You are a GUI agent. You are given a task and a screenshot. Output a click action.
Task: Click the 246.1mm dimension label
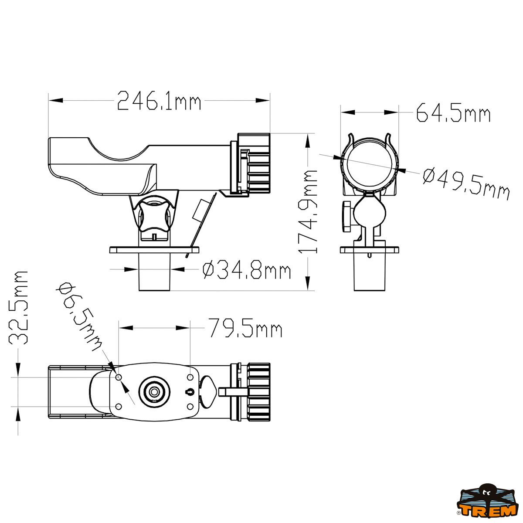coord(159,101)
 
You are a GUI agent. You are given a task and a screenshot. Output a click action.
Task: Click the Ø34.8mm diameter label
coord(247,271)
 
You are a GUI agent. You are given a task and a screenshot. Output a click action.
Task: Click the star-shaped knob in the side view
coord(153,215)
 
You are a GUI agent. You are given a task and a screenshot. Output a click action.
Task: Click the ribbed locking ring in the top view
coord(259,392)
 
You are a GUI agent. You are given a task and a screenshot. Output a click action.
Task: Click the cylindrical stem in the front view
coord(370,274)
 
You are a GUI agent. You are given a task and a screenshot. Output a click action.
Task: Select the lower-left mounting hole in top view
coord(118,406)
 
